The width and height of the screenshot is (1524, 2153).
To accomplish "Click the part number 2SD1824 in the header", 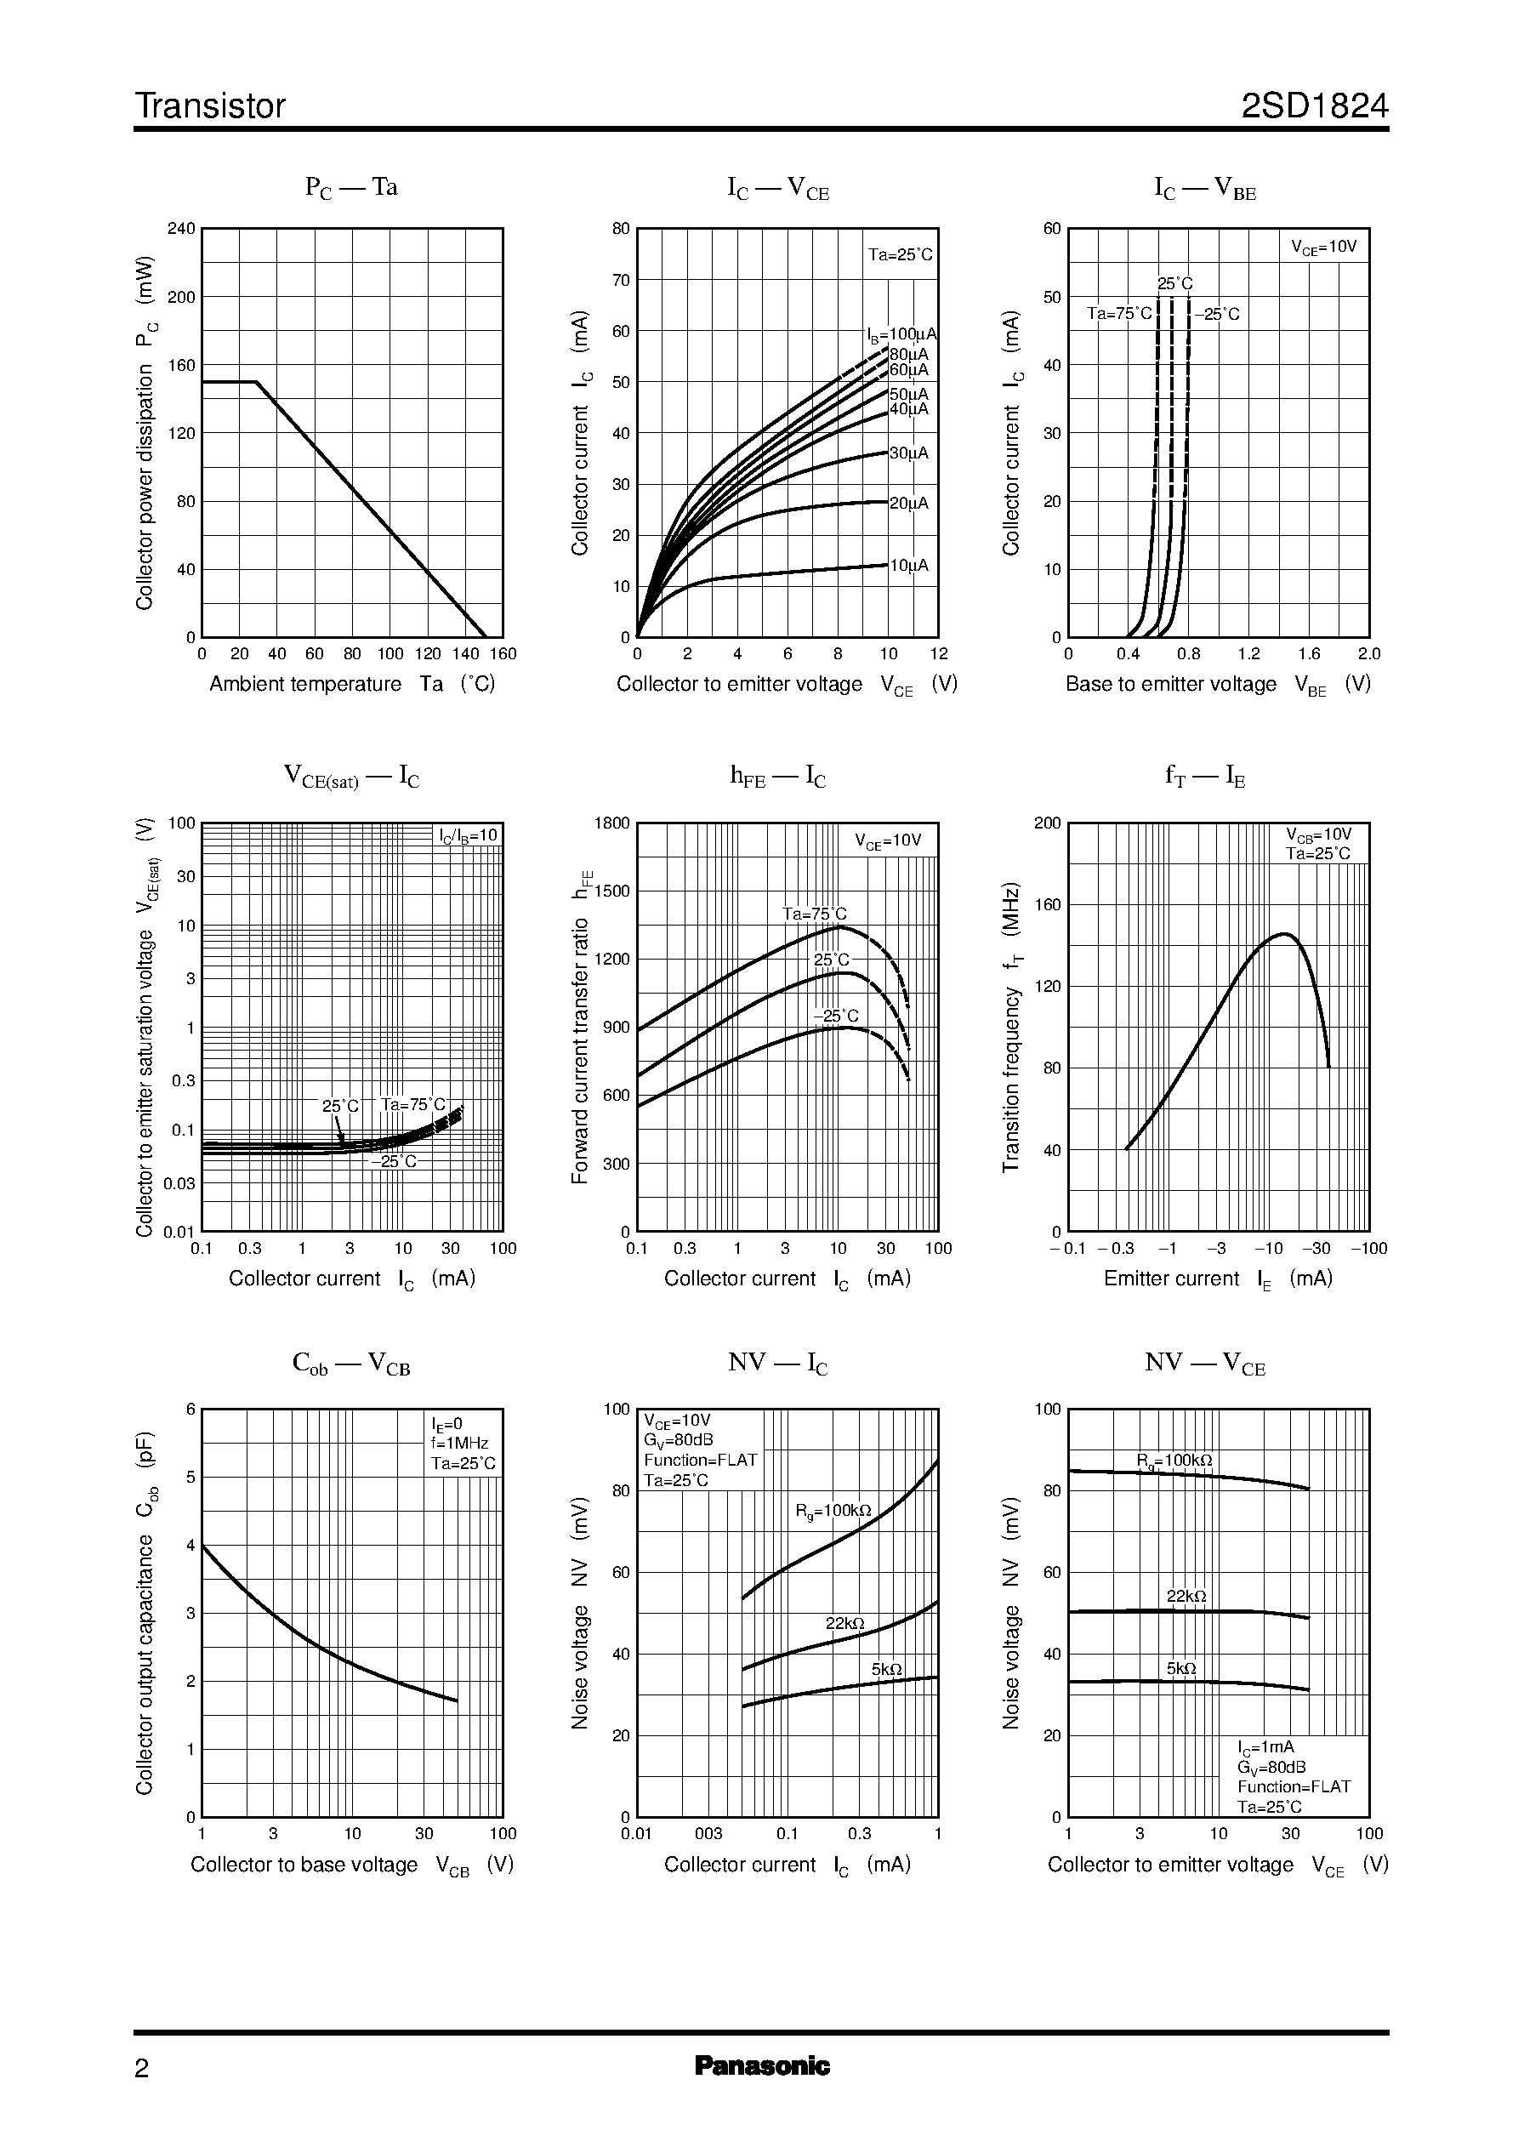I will [1314, 106].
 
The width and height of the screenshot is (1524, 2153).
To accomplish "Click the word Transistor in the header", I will [210, 106].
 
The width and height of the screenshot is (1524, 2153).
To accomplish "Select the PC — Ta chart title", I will [351, 187].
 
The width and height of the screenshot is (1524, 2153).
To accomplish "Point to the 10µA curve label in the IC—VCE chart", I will [908, 565].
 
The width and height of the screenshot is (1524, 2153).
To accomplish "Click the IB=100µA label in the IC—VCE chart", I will [901, 334].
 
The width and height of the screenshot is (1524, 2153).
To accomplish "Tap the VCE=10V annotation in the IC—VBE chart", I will [1323, 247].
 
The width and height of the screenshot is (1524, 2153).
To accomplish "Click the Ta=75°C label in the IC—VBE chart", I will [1118, 314].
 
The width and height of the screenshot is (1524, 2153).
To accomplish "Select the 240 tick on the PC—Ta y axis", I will [181, 228].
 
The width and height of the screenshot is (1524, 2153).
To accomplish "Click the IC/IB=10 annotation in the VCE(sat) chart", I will [469, 835].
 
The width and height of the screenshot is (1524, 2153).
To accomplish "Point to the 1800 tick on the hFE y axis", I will [611, 823].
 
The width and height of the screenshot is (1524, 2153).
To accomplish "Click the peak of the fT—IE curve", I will [1284, 934].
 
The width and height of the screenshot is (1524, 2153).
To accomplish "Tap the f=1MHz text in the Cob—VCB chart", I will [460, 1444].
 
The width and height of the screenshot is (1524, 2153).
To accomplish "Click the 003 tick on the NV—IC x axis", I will [708, 1834].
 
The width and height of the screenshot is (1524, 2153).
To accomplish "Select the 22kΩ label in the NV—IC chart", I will [844, 1624].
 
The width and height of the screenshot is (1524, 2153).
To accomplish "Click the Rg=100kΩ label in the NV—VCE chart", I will [1174, 1461].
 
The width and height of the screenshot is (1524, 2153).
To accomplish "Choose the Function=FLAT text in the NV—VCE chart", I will [1294, 1787].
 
